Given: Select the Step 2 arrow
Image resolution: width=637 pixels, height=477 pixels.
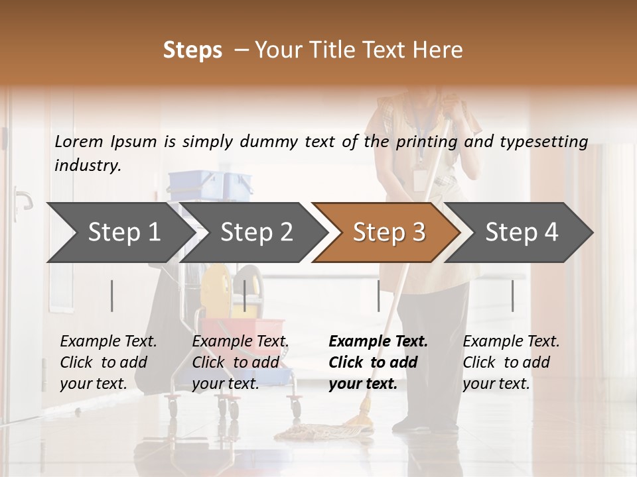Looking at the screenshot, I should [255, 233].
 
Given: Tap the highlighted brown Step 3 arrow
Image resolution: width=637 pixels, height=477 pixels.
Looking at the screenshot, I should [388, 233].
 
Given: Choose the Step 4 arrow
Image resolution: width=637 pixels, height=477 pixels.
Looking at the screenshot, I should [522, 233].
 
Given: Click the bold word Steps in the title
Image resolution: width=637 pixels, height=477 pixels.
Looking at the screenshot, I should [192, 50].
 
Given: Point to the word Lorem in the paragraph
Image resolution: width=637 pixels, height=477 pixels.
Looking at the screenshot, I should [79, 141].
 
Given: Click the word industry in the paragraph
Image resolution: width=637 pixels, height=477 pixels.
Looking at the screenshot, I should [87, 166].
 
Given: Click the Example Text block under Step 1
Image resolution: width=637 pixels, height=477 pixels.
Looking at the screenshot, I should [108, 362].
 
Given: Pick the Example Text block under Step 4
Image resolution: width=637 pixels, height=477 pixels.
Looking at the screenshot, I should [511, 362].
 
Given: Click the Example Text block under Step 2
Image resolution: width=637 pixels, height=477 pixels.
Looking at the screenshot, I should [240, 362].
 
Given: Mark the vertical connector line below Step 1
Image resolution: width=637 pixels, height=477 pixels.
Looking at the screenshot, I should [112, 295].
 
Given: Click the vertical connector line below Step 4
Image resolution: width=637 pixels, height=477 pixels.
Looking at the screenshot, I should [512, 295].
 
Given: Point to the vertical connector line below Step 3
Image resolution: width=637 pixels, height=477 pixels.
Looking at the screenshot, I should [378, 295].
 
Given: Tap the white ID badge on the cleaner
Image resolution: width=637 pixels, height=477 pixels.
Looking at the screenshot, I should [420, 180].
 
